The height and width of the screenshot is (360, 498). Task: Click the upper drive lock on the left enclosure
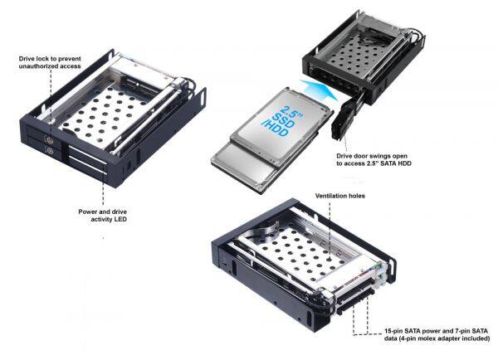pyautogui.click(x=48, y=139)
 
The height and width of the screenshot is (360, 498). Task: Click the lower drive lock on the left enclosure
pyautogui.click(x=49, y=150)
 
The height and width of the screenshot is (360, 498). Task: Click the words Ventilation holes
pyautogui.click(x=339, y=196)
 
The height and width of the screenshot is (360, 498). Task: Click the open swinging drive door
pyautogui.click(x=346, y=119)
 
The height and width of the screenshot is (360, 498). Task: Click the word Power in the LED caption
pyautogui.click(x=86, y=212)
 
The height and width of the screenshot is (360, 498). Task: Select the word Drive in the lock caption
pyautogui.click(x=27, y=59)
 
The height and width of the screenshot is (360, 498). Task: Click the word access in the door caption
pyautogui.click(x=354, y=163)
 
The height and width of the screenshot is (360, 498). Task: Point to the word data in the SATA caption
pyautogui.click(x=391, y=338)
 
